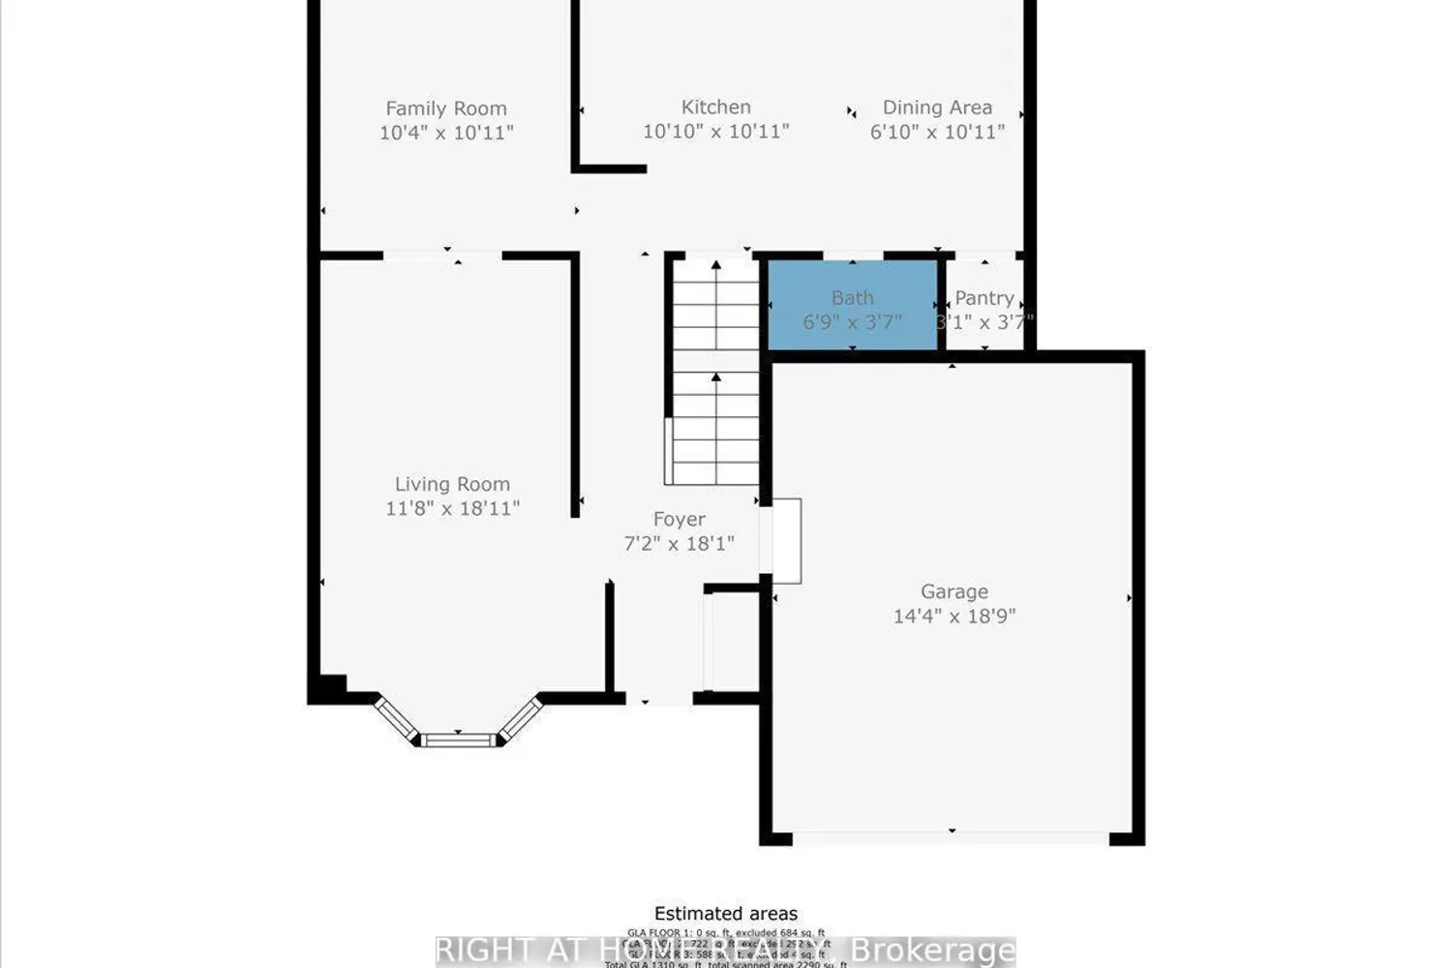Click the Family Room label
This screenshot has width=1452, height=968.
tap(445, 108)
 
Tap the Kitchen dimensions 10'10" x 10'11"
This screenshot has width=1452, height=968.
tap(715, 132)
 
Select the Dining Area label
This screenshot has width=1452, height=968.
tap(936, 107)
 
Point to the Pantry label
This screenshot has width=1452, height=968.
tap(983, 298)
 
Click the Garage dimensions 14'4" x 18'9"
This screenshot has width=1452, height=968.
tap(953, 616)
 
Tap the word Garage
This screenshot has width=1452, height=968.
tap(953, 591)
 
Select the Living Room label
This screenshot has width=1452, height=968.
tap(451, 484)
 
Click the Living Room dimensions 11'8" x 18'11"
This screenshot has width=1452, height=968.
tap(452, 508)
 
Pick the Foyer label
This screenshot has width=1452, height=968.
tap(679, 520)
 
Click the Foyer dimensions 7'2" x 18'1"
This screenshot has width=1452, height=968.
tap(679, 544)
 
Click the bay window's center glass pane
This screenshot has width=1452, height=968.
tap(458, 741)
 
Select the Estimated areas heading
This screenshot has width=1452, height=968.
tap(725, 914)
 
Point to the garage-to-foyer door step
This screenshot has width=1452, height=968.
tap(785, 540)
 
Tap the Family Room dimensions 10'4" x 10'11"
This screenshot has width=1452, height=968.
tap(445, 133)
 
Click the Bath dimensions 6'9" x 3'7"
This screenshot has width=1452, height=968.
tap(852, 322)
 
